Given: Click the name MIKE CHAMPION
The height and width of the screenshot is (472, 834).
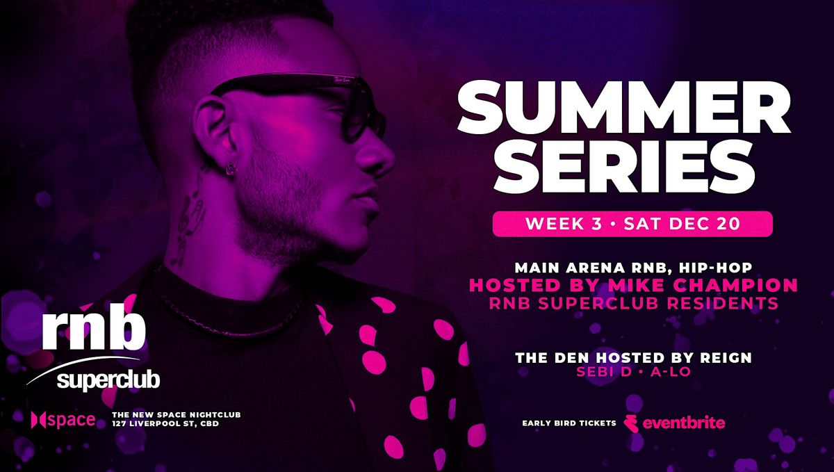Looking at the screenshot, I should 703,285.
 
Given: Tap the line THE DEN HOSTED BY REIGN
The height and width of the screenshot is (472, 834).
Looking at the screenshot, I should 633,358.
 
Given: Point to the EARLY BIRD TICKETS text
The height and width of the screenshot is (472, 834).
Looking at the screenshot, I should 569,423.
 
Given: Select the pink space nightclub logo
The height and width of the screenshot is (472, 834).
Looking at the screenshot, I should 63,420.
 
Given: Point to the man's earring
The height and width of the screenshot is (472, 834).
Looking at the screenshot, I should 228,170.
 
